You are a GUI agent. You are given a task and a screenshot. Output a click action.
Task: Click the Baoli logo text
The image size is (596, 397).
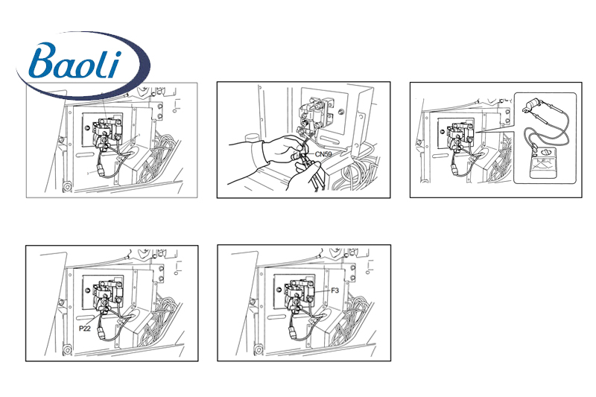click(x=75, y=61)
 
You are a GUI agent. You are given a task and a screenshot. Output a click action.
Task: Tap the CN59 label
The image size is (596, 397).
click(x=323, y=154)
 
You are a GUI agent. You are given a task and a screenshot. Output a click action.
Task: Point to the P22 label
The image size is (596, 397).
click(x=85, y=328)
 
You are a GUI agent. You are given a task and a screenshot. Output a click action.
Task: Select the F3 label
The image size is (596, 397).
click(x=335, y=290)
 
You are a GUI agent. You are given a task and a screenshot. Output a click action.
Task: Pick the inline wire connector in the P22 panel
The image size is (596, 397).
click(x=102, y=333)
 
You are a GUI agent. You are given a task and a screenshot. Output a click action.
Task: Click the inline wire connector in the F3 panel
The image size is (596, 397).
click(x=293, y=333)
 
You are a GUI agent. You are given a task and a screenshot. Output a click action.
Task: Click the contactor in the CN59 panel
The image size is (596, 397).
click(x=316, y=114)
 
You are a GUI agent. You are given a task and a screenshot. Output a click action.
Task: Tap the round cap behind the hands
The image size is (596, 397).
click(x=252, y=138)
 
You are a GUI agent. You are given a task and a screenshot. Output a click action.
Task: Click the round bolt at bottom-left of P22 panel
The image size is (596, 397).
click(x=67, y=349)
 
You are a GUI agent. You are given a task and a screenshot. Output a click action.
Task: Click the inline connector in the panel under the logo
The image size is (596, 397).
click(x=101, y=169)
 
